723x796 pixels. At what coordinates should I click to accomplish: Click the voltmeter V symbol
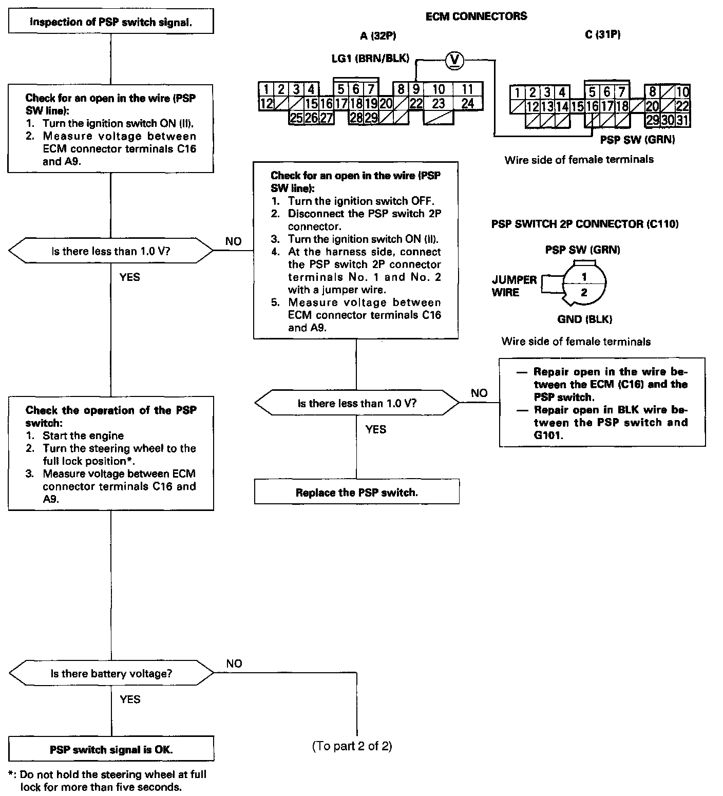click(x=453, y=61)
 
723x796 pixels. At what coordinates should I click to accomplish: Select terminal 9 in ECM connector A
click(x=416, y=89)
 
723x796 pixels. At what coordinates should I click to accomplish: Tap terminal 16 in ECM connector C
click(x=592, y=107)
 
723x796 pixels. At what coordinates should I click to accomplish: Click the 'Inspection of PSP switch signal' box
click(x=111, y=22)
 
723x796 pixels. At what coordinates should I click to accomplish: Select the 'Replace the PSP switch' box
click(x=356, y=492)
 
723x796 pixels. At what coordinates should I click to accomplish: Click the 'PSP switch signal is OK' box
click(x=111, y=749)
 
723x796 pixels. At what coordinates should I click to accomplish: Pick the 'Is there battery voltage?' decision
click(x=111, y=673)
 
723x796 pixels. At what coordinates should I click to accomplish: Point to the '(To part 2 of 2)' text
click(x=352, y=746)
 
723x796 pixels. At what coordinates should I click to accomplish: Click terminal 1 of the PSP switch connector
click(x=584, y=277)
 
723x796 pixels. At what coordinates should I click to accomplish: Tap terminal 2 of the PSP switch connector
click(x=584, y=293)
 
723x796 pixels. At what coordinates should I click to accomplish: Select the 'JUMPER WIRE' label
click(x=513, y=286)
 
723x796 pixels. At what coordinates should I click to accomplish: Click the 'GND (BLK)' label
click(x=584, y=319)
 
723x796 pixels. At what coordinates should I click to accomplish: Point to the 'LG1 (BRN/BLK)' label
click(x=370, y=59)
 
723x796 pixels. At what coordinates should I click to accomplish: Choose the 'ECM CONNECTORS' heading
click(x=476, y=16)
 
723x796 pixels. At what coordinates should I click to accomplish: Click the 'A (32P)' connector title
click(x=378, y=35)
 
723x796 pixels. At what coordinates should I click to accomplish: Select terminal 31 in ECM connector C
click(x=682, y=120)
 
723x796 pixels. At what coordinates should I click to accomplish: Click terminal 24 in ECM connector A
click(x=467, y=103)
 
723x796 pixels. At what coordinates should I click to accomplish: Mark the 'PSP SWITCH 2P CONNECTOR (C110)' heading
click(x=585, y=224)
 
